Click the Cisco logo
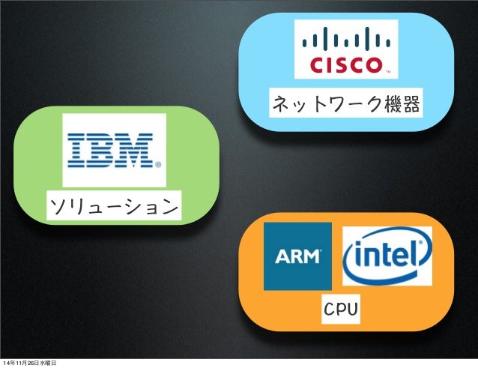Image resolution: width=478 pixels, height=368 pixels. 346,48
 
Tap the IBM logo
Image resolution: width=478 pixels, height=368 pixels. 114,150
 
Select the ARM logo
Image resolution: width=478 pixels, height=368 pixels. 297,256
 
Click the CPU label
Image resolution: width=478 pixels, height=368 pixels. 340,309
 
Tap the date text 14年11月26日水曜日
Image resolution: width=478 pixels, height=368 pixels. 35,363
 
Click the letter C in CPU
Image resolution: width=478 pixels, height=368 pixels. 328,309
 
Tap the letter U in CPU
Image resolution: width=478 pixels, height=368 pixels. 352,309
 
